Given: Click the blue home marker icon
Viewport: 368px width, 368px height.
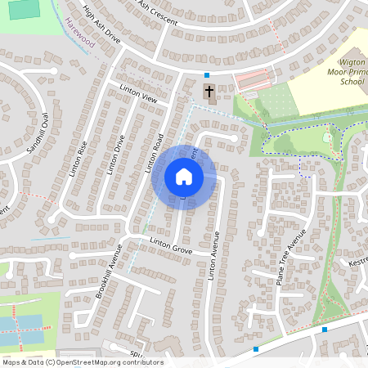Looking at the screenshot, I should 184,177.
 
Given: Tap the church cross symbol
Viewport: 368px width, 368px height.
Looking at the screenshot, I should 208,92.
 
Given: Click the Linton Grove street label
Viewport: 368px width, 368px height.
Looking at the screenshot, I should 170,246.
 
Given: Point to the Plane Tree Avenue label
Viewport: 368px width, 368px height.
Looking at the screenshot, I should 290,244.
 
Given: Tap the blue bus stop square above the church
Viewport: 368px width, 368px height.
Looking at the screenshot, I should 206,74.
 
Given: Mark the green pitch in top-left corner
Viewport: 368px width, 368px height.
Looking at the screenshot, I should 25,9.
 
